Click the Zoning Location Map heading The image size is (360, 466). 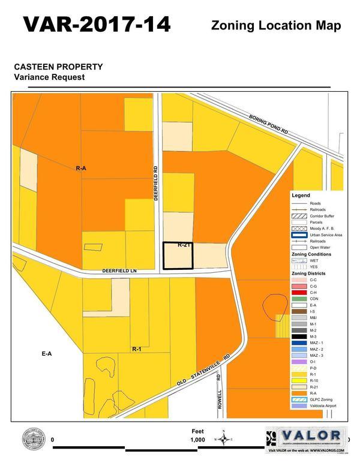click(x=276, y=26)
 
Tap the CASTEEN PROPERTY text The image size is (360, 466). click(x=58, y=67)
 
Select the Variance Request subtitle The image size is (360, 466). click(x=50, y=77)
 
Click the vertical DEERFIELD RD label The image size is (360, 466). click(x=155, y=183)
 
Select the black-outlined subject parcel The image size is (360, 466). click(x=178, y=256)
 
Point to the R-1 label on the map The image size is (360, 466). click(x=136, y=348)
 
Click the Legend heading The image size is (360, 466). click(x=301, y=196)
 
